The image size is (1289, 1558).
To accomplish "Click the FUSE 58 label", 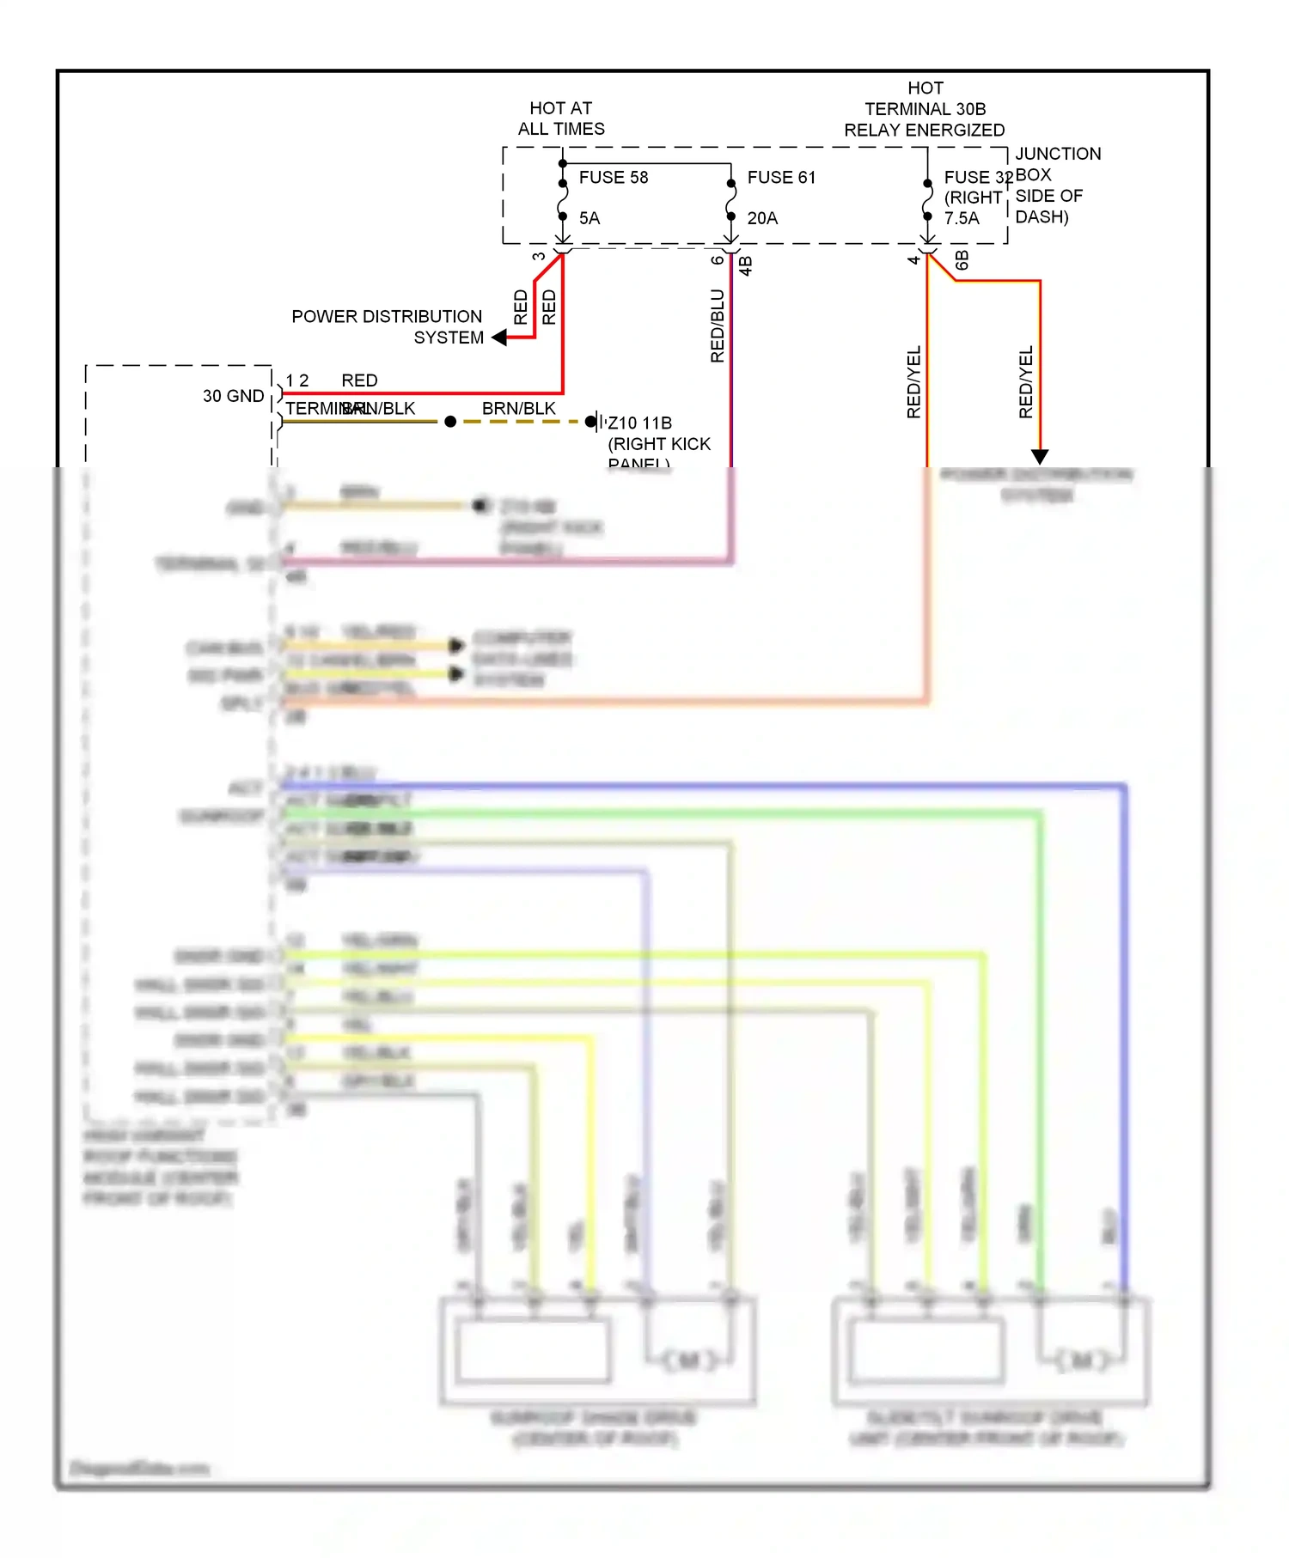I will pos(613,178).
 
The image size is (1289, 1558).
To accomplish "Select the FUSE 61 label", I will pos(780,178).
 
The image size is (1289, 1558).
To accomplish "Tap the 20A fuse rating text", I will pos(762,218).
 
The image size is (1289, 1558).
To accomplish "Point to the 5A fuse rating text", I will pos(590,218).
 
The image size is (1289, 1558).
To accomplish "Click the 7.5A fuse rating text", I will pos(961,218).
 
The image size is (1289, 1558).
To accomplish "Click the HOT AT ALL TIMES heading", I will pos(560,119).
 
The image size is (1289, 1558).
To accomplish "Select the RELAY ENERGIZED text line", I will pos(924,131).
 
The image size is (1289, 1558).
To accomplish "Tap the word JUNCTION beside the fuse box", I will pos(1057,154).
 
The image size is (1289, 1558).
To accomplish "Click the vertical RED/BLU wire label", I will pos(718,326).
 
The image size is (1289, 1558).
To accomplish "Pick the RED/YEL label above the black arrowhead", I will pos(1025,382).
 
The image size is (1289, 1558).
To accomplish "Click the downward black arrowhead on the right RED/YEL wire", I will pos(1040,456).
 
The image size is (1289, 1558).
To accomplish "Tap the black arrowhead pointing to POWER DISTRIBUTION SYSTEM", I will pos(498,338).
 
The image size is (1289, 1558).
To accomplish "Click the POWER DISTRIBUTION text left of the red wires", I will pos(386,317).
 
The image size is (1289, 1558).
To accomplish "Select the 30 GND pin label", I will pos(233,396).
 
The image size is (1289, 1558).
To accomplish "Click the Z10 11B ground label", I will pos(639,423).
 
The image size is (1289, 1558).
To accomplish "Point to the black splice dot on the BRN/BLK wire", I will pos(450,422).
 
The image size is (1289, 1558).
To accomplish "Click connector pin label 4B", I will pos(746,266).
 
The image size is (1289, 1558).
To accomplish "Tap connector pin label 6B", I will pos(962,261).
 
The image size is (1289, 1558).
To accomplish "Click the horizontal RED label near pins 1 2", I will pos(359,380).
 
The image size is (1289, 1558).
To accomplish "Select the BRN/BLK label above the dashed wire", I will pos(518,409).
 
